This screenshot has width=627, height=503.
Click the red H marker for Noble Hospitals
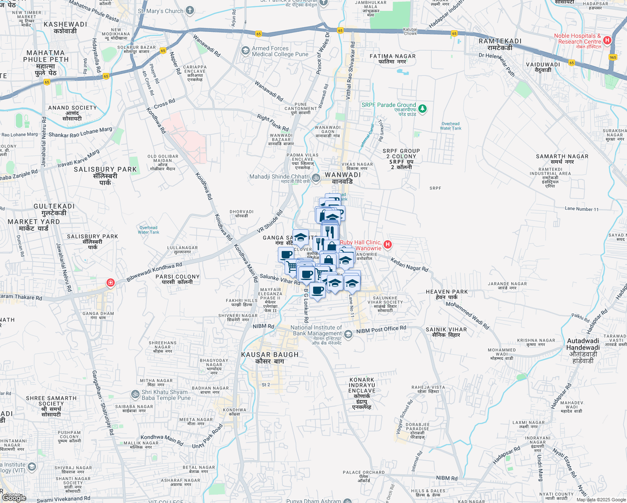click(x=607, y=40)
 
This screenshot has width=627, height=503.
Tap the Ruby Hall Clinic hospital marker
click(x=388, y=244)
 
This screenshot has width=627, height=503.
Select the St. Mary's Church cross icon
click(x=190, y=10)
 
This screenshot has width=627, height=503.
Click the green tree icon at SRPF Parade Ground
click(x=422, y=109)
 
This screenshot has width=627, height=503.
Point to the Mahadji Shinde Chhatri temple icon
click(x=316, y=178)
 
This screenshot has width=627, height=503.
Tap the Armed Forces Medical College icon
click(x=246, y=51)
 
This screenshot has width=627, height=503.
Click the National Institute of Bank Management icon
click(x=348, y=334)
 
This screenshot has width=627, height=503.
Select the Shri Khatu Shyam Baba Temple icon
click(x=135, y=394)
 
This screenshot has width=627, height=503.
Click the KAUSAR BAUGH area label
click(x=270, y=355)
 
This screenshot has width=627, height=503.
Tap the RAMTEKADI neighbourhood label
click(x=500, y=41)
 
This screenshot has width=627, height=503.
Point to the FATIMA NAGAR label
click(x=392, y=56)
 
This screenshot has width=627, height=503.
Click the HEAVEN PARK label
click(x=446, y=292)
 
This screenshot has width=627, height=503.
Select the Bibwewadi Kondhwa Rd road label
click(x=154, y=271)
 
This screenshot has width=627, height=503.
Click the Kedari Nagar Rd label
click(x=409, y=264)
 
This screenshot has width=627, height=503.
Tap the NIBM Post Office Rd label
click(x=381, y=330)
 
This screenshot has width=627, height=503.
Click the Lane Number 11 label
click(x=582, y=209)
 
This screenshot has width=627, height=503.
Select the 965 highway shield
click(x=613, y=57)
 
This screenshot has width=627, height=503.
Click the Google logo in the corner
click(x=14, y=498)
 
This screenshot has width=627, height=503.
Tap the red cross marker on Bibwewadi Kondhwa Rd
click(x=110, y=283)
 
